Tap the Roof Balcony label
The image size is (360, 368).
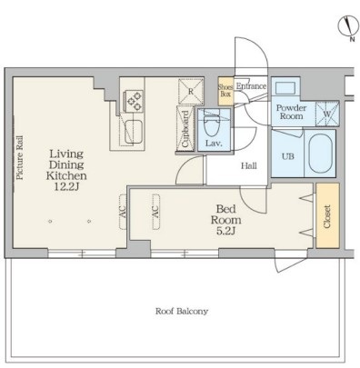(x=182, y=311)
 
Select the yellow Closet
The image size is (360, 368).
(x=327, y=215)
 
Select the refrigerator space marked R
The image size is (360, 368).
(x=191, y=92)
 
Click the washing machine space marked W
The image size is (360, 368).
(x=326, y=114)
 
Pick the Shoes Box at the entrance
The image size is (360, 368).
(x=225, y=91)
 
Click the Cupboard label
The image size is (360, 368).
(x=185, y=129)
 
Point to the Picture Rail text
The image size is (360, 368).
(x=20, y=157)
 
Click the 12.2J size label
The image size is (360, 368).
(x=66, y=187)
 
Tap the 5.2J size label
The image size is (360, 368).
(x=226, y=232)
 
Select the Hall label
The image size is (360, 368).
(x=249, y=165)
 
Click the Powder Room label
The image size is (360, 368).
(x=291, y=112)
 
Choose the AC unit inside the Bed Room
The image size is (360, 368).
(x=155, y=212)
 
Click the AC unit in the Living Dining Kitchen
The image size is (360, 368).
(x=123, y=212)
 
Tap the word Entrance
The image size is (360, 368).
(x=251, y=86)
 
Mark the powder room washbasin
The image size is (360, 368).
(x=285, y=88)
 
